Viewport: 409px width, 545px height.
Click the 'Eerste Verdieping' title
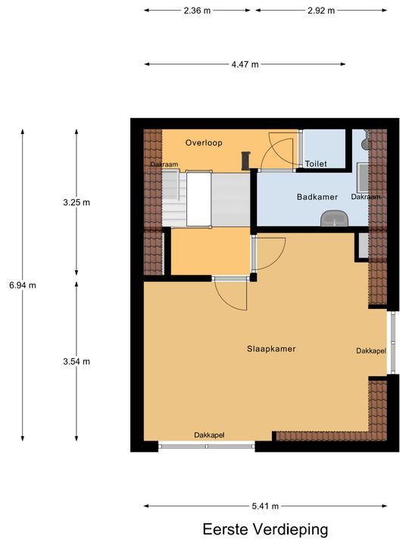tap(265, 529)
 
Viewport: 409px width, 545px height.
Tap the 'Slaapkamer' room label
tap(270, 349)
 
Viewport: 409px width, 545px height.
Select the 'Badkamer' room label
tap(317, 197)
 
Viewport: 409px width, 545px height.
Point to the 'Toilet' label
tap(315, 163)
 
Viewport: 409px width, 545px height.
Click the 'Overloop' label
tap(204, 142)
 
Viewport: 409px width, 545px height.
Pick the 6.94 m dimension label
tap(23, 285)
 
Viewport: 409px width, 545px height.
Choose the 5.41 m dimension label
tap(264, 506)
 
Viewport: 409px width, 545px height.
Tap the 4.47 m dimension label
tap(245, 65)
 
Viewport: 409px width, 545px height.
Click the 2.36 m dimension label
tap(196, 11)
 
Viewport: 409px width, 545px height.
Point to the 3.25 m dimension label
tap(76, 202)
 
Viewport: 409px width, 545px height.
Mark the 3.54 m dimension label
tap(76, 361)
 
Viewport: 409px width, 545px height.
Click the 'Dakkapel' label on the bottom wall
tap(209, 435)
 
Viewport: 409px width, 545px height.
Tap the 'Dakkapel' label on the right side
tap(371, 351)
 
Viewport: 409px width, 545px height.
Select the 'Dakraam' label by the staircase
tap(164, 164)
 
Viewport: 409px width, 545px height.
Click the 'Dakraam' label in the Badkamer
tap(366, 197)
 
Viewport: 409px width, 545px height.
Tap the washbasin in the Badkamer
tap(333, 219)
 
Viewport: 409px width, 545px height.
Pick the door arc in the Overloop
tap(276, 151)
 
